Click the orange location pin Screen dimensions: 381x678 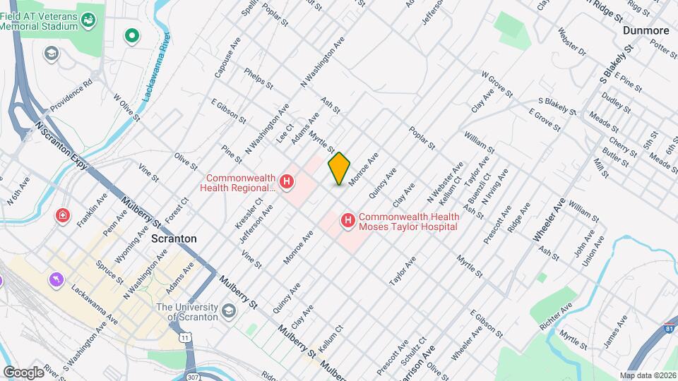339,168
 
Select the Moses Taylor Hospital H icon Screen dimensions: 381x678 347,222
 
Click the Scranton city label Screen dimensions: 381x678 174,238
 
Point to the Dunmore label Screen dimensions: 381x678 646,30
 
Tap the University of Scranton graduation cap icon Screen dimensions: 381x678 229,311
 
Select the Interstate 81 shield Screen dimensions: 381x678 669,329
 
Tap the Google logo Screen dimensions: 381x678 23,372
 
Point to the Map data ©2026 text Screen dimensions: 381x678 647,375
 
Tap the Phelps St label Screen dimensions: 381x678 258,78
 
